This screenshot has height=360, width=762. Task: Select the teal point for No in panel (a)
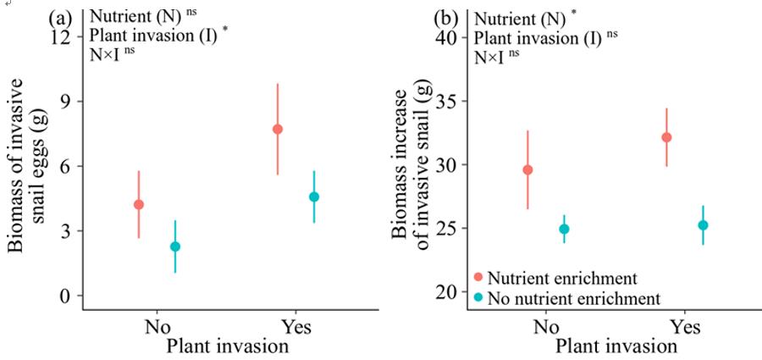(x=175, y=246)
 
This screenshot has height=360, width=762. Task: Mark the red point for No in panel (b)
(x=527, y=169)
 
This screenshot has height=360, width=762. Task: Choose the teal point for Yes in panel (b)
(x=703, y=225)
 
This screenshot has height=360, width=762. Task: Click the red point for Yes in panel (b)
(x=666, y=137)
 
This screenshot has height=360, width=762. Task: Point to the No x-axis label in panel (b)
(x=546, y=326)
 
